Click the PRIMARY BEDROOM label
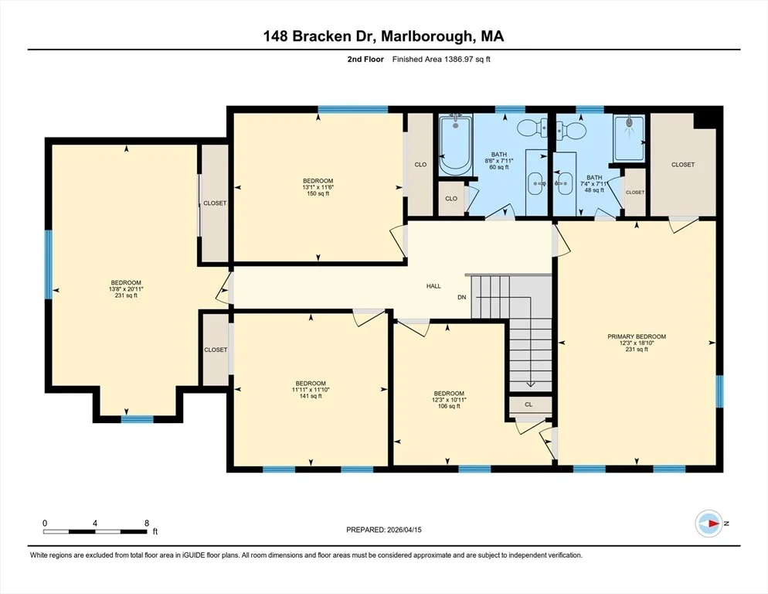(636, 336)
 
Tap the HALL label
(433, 286)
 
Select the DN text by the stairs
(462, 297)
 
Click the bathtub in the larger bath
(456, 144)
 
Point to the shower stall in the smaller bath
(630, 138)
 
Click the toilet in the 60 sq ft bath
(532, 128)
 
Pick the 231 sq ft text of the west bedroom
(126, 295)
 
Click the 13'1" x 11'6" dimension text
(318, 187)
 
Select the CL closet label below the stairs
(528, 405)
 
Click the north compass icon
(709, 524)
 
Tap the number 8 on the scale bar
(147, 524)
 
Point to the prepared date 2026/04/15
(404, 530)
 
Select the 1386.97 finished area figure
(460, 60)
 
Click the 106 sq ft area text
(449, 406)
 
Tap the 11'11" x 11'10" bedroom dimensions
(311, 390)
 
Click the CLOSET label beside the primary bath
(635, 193)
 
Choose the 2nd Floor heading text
(365, 60)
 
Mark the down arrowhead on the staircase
(531, 384)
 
